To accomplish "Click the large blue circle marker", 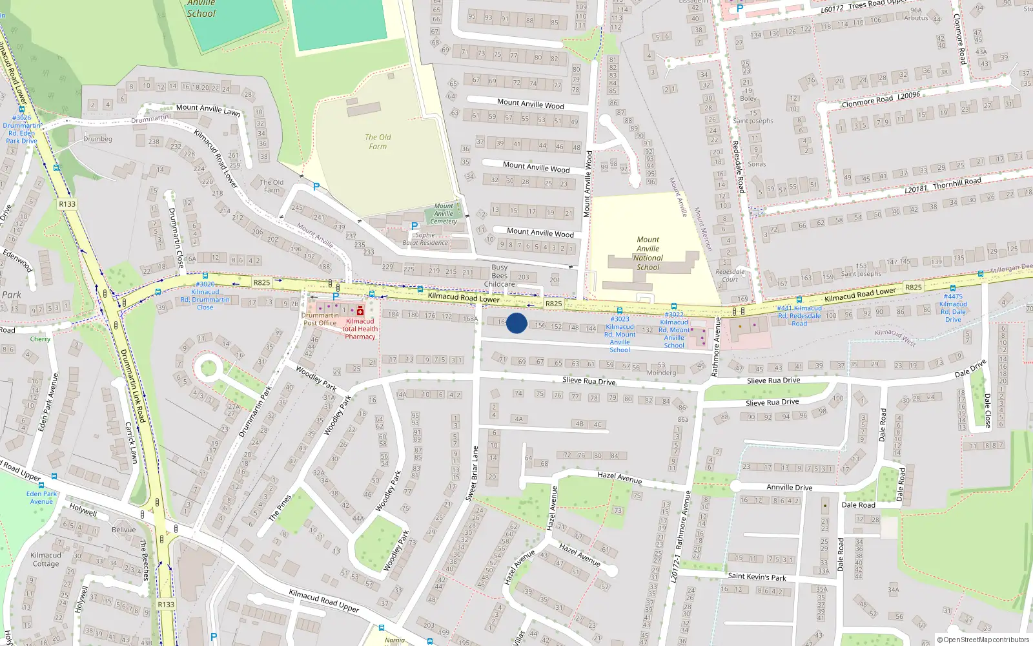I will coord(516,323).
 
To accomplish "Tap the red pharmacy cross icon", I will coord(360,311).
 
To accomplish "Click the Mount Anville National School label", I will coord(648,253).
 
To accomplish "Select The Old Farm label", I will coord(378,141).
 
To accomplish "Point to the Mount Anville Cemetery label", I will coord(444,214).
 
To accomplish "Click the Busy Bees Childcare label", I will coord(499,276).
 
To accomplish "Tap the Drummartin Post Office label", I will coord(320,319).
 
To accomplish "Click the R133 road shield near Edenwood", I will coord(67,204).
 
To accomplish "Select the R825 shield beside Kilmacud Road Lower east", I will coord(913,287).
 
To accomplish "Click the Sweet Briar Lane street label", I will coord(472,474).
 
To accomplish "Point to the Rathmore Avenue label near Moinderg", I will coord(715,347).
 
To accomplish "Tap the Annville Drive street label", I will coord(789,487).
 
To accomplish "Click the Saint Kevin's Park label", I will coord(757,576).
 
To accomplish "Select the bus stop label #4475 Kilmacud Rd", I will coord(953,308).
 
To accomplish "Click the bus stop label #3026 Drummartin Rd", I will coord(21,129).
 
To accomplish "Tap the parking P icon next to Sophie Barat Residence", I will coord(414,227).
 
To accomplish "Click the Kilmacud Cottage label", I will coord(46,559).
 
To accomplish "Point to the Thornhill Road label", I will coord(957,183).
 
